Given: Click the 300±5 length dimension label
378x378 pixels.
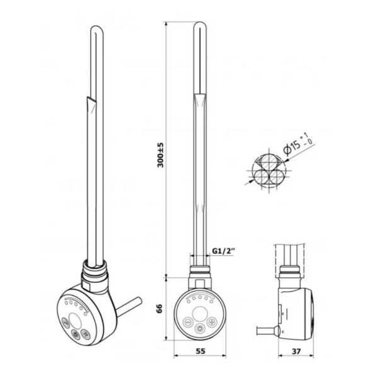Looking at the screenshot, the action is tap(160, 155).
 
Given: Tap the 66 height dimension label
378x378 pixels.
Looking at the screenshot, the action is tap(159, 309).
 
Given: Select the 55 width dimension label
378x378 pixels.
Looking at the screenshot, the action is tap(200, 351).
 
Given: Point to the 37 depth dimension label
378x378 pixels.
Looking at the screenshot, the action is tap(296, 352).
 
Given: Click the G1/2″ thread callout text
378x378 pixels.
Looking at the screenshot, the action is tap(223, 251).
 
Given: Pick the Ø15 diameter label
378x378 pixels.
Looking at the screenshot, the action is tap(292, 147).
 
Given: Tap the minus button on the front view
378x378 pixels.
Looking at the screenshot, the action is tap(188, 322).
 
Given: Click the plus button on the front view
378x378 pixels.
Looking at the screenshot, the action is tap(212, 321).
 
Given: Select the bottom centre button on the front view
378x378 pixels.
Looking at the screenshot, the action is tap(200, 328).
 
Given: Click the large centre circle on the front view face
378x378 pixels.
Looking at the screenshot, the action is tap(200, 314).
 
